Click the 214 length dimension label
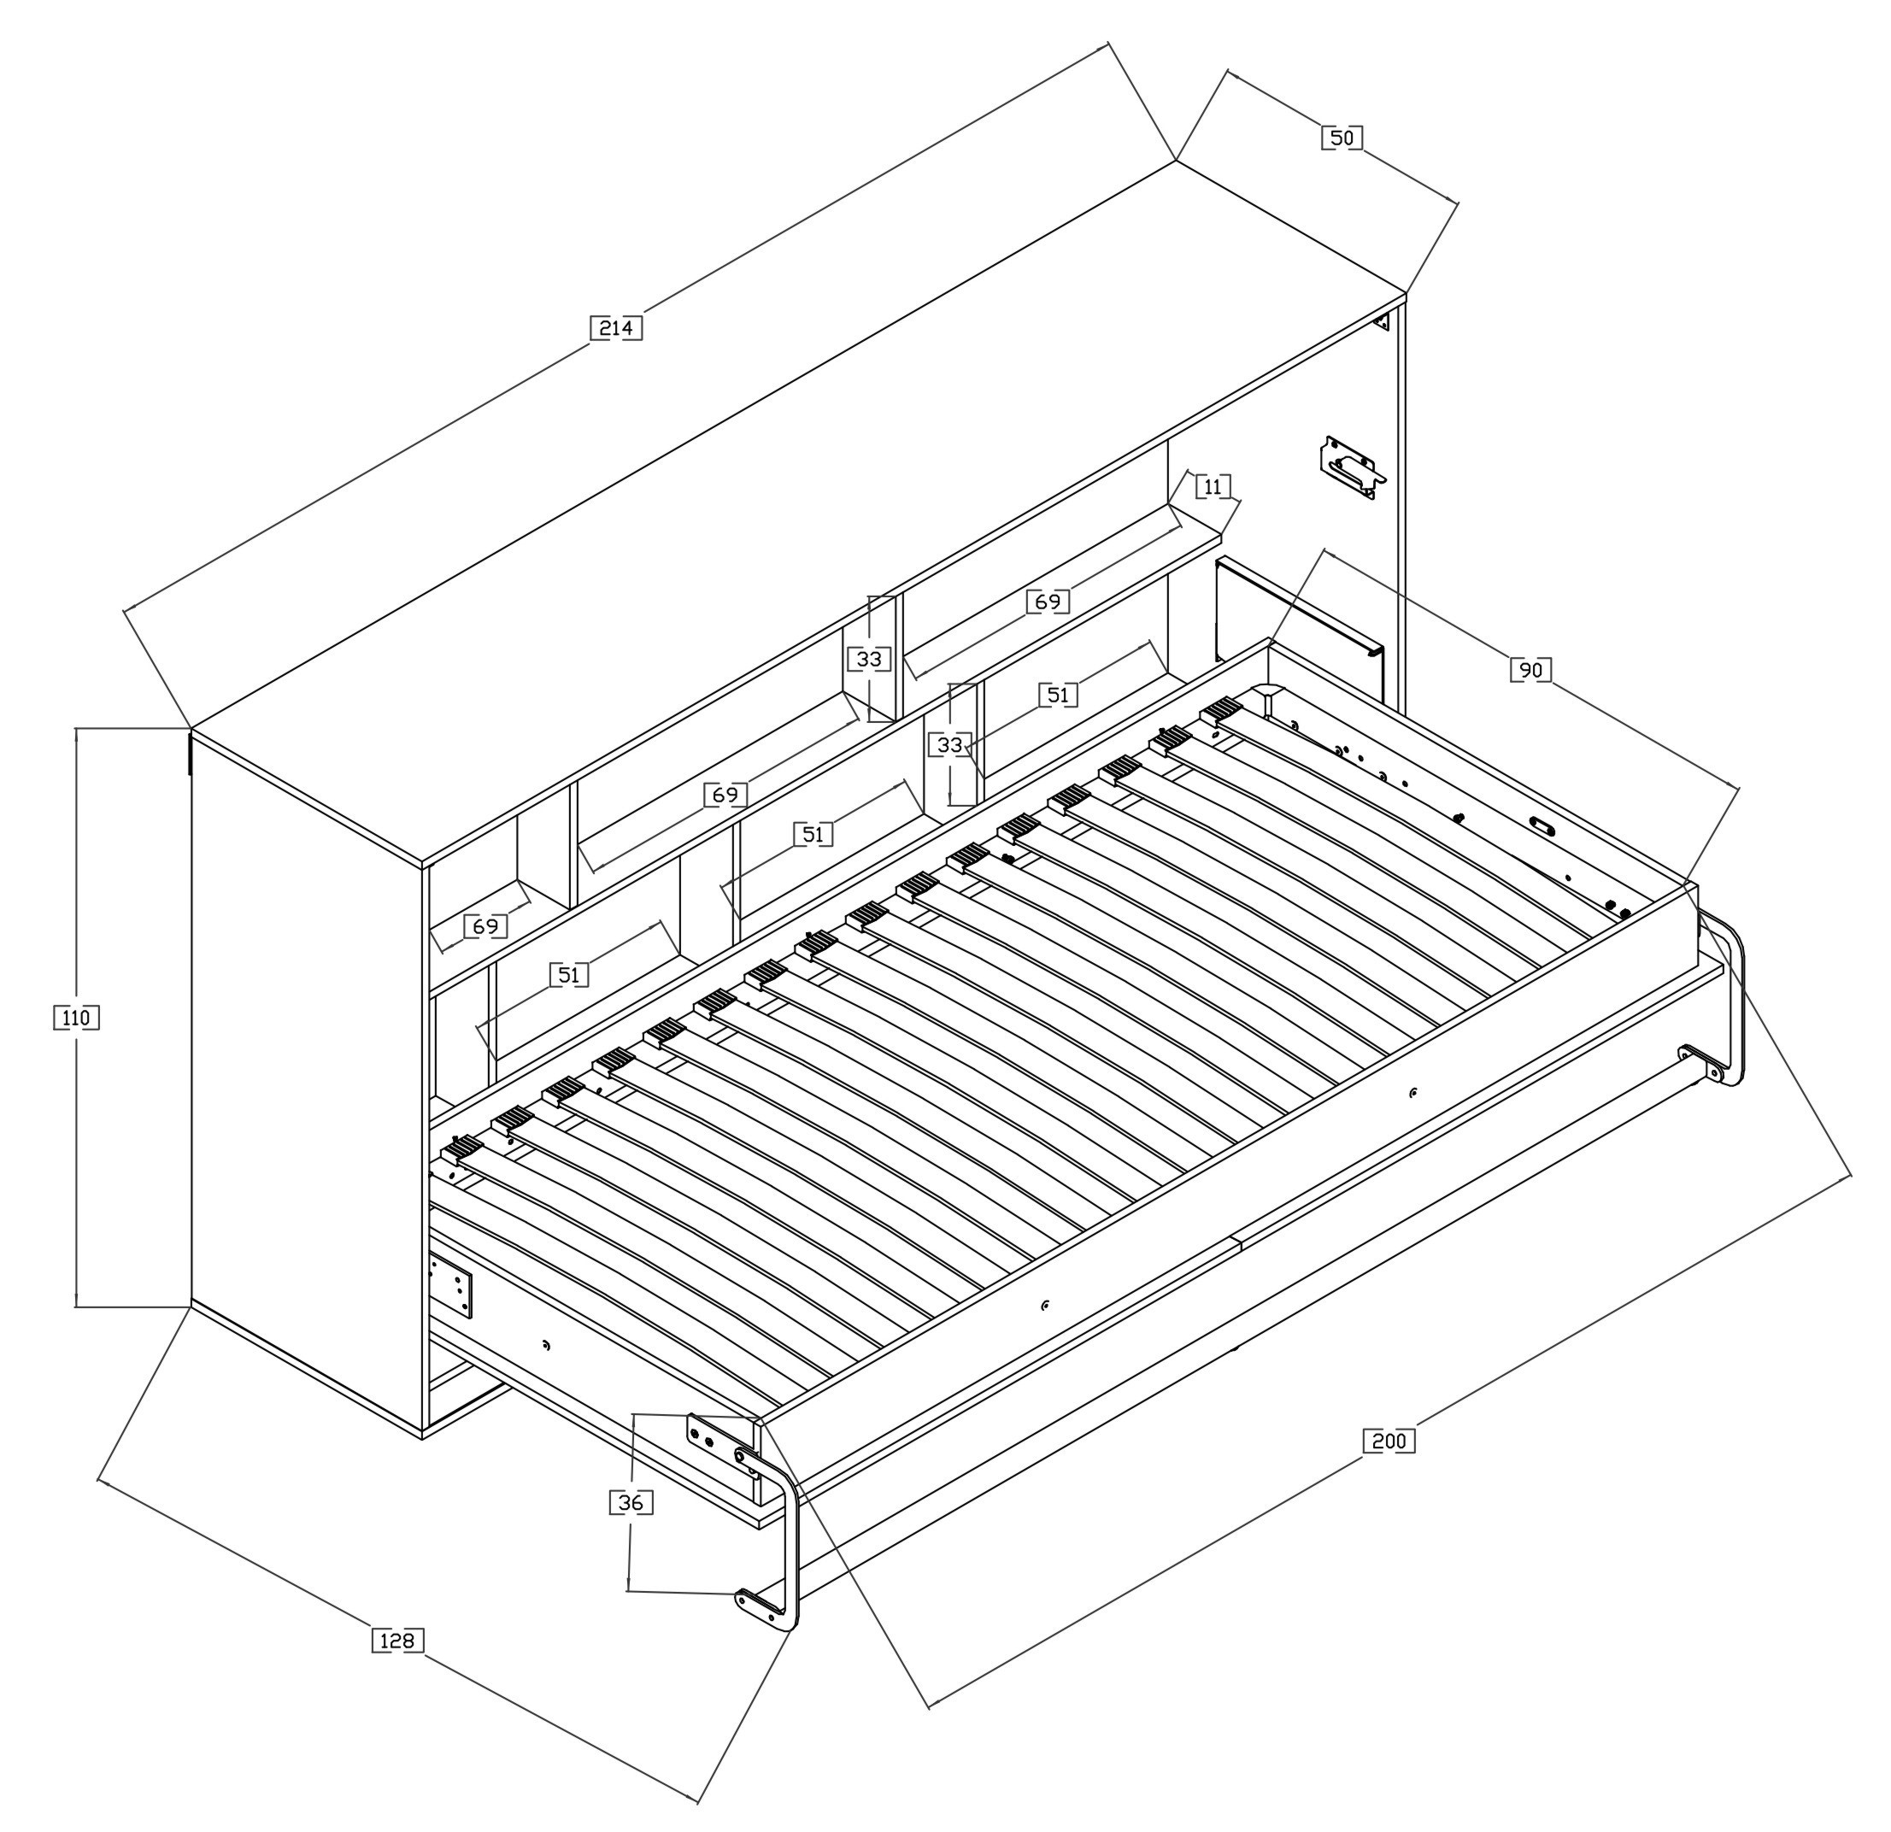615,328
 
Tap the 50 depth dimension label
1342,138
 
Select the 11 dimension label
1213,487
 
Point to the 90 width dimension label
1531,670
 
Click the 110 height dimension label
76,1017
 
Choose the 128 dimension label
397,1640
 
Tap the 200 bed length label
1389,1442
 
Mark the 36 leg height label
631,1502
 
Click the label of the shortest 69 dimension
485,927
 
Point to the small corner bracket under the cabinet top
1382,321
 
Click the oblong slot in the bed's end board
1541,825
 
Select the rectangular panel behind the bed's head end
1299,627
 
